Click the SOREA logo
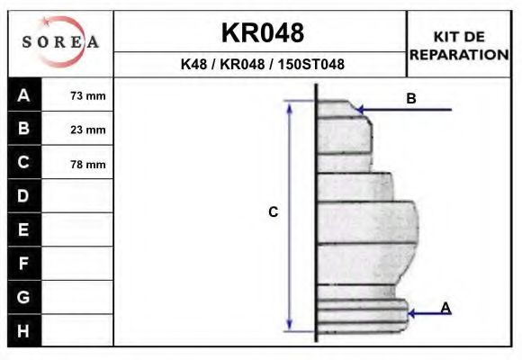click(60, 43)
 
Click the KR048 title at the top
click(262, 33)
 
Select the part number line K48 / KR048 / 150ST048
click(262, 65)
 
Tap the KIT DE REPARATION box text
click(459, 45)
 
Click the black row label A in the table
click(24, 95)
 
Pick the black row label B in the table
click(24, 129)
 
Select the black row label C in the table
click(24, 163)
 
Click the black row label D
click(24, 196)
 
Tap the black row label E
click(24, 229)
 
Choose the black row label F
click(24, 264)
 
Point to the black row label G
click(24, 297)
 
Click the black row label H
click(24, 330)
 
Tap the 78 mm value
click(88, 165)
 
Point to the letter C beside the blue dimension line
click(274, 212)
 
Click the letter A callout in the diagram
click(445, 308)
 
